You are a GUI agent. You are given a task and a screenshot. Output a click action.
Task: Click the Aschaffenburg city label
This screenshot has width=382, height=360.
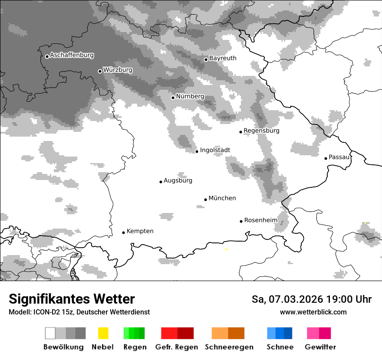click(72, 56)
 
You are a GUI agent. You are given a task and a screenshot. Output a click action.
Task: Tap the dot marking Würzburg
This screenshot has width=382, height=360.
click(100, 71)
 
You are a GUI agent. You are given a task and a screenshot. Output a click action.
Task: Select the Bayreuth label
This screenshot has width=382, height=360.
click(223, 58)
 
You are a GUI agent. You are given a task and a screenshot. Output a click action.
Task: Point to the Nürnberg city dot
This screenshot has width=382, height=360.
click(173, 98)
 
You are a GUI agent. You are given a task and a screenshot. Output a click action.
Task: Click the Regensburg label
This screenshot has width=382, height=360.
click(261, 131)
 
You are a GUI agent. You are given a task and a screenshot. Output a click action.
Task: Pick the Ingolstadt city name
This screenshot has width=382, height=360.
click(215, 150)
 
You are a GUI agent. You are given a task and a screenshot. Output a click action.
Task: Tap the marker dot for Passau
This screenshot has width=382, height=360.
click(326, 158)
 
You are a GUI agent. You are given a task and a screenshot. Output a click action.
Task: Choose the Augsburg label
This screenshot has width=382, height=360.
click(178, 180)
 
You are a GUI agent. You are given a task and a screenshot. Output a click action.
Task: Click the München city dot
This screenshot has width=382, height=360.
click(206, 200)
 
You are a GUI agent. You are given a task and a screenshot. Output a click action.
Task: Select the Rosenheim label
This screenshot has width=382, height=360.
click(261, 220)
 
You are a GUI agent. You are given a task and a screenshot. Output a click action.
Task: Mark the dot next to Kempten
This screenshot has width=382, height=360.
click(123, 232)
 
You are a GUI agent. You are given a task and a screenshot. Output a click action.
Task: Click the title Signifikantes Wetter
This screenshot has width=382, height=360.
click(72, 299)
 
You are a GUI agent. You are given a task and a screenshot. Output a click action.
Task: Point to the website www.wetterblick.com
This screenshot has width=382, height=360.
click(313, 312)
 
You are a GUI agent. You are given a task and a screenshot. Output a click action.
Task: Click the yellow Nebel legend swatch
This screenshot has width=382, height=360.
click(103, 333)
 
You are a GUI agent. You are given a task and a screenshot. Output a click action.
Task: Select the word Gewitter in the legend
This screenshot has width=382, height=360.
click(320, 347)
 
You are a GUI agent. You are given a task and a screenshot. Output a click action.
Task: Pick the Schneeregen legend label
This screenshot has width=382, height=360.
click(229, 347)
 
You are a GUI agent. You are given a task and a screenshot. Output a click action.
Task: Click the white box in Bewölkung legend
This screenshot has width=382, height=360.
click(50, 333)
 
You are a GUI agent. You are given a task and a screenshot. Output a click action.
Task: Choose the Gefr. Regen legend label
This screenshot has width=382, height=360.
click(177, 347)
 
